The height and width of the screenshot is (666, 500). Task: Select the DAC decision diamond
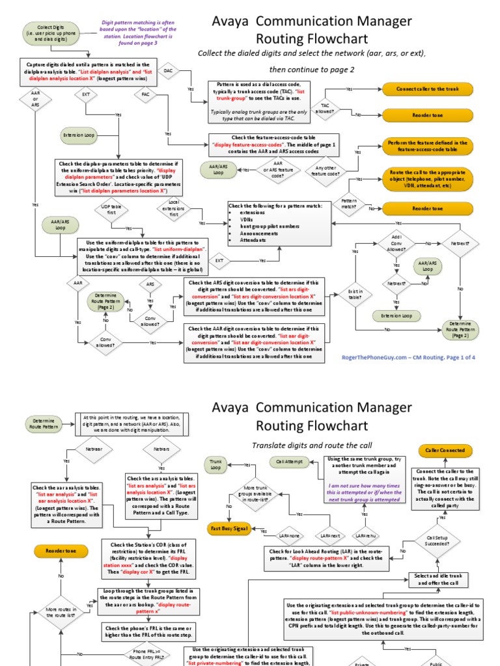168,70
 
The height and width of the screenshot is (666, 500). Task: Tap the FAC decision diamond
145,94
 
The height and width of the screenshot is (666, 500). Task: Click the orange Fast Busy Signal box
230,529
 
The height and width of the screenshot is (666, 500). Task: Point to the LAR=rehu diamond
370,535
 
